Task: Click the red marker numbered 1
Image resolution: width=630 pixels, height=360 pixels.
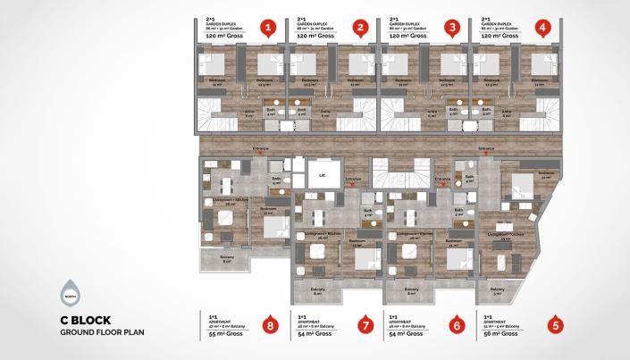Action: (x=267, y=28)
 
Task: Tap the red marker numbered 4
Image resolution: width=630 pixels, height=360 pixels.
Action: (x=542, y=28)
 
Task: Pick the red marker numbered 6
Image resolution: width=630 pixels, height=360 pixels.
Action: (x=457, y=325)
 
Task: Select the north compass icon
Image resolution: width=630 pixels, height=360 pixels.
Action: (x=70, y=293)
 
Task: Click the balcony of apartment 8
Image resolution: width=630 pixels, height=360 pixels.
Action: (x=226, y=260)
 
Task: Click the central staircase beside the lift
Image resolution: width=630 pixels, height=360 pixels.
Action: (x=387, y=172)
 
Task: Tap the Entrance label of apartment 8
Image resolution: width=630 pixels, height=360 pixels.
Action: (x=261, y=148)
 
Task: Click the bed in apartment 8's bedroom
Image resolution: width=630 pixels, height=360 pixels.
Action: (x=273, y=226)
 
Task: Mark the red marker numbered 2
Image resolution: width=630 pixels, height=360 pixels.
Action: (x=360, y=28)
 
